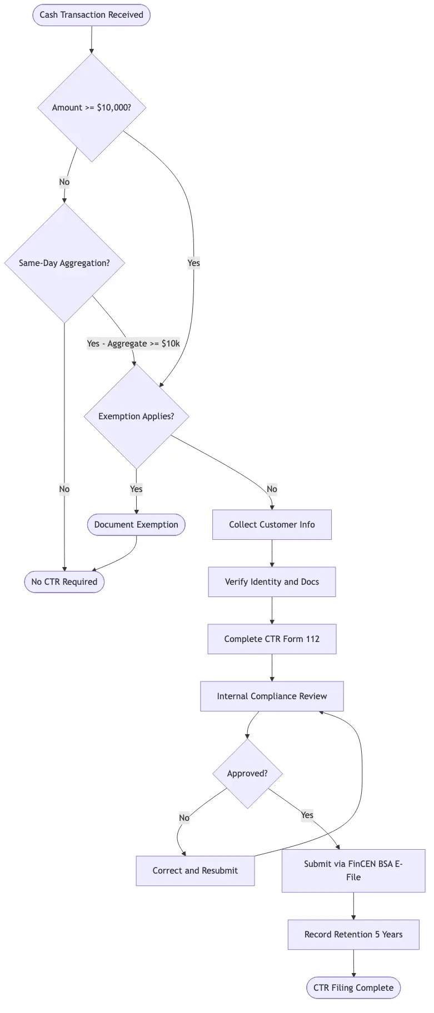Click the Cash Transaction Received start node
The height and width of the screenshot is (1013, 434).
[91, 15]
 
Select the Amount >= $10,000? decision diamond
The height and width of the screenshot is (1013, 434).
[92, 108]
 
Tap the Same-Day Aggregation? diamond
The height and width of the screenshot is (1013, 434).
[64, 263]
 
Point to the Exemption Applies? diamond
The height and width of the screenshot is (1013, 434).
[136, 416]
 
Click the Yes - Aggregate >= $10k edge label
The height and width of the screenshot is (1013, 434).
[133, 344]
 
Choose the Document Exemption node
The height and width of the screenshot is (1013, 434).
[136, 524]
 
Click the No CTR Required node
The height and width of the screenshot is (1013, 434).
[64, 581]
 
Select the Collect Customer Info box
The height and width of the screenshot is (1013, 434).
[272, 524]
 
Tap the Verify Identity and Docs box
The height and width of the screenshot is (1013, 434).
[272, 581]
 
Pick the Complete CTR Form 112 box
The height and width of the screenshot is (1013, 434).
[272, 639]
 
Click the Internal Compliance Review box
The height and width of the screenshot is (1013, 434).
[272, 696]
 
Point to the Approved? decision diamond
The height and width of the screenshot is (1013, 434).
[247, 773]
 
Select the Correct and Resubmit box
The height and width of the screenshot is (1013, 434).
[195, 870]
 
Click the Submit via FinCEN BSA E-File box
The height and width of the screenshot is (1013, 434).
[353, 870]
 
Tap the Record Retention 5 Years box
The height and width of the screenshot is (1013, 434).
[353, 934]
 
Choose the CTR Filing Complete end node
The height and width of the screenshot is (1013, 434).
[353, 987]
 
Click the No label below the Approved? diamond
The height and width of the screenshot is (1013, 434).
[184, 818]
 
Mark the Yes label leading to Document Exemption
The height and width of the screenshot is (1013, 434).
[136, 489]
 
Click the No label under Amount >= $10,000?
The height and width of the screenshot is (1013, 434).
[64, 182]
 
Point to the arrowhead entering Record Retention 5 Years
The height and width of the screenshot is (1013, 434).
[353, 917]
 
